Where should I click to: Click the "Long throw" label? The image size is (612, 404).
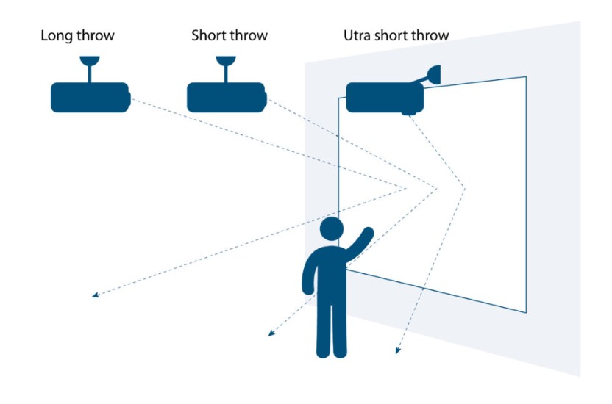tap(77, 35)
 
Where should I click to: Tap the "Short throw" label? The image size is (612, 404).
tap(229, 35)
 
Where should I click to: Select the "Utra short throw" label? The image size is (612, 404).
tap(396, 35)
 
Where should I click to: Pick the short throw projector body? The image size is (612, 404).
tap(224, 97)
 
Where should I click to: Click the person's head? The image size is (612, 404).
tap(332, 228)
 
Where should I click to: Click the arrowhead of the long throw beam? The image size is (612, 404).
tap(95, 295)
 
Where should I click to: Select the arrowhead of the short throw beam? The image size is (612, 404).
tap(271, 333)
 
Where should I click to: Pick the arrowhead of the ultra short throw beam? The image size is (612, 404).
tap(397, 350)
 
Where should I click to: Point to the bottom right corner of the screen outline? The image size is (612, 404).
tap(526, 312)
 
